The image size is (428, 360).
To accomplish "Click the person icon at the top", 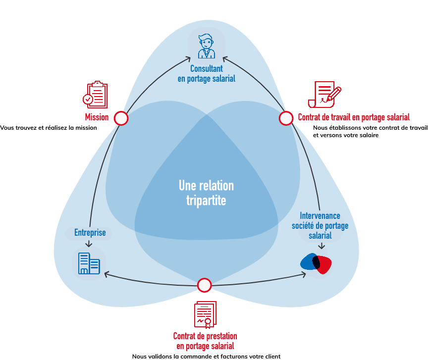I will tap(207, 46).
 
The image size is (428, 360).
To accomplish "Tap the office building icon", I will tap(89, 263).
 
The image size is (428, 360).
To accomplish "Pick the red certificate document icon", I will tap(205, 314).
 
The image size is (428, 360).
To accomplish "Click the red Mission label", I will tap(97, 118).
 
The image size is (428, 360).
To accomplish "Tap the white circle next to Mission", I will tap(121, 118).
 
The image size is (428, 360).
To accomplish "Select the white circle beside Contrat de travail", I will tap(286, 118).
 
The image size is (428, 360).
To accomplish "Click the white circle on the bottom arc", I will tap(204, 285).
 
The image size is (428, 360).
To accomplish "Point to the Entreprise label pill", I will tap(89, 233).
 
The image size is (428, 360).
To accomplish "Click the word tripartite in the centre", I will tap(206, 201).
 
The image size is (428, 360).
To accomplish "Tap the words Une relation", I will tap(206, 186).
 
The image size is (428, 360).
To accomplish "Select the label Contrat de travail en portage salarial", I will tap(353, 118).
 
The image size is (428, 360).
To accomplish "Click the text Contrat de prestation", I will tap(205, 336).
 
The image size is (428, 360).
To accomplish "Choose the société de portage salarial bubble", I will tap(321, 226).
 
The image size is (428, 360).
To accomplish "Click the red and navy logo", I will tap(321, 265).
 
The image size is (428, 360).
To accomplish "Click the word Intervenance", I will tap(321, 216).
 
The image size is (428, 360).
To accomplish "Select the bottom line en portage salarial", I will tap(205, 346).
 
